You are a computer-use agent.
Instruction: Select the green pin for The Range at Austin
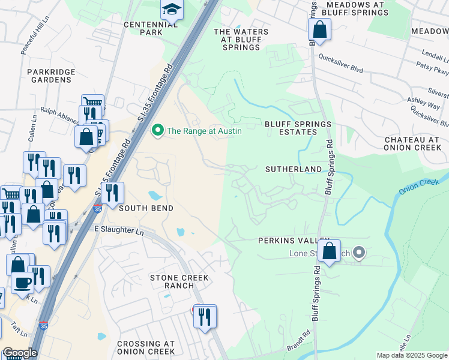[x=158, y=130]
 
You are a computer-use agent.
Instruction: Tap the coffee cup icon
[x=23, y=282]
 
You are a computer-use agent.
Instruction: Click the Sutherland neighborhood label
[x=294, y=170]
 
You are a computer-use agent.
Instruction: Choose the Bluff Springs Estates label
[x=298, y=128]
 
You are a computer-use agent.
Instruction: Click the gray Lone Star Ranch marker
[x=359, y=252]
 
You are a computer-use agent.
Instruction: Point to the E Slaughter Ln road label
[x=119, y=230]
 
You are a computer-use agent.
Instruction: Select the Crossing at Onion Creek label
[x=146, y=348]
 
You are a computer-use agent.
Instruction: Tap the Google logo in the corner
[x=19, y=353]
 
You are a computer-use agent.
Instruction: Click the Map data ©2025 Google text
[x=412, y=355]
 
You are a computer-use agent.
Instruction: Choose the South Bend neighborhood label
[x=146, y=208]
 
